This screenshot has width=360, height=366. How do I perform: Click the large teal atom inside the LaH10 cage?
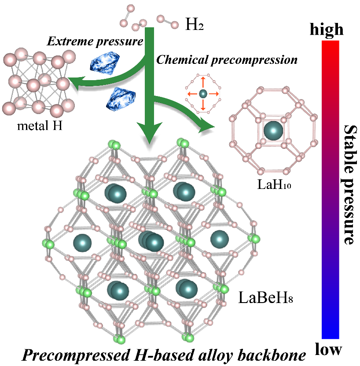coord(275,131)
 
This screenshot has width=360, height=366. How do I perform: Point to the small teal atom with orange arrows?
coord(203,93)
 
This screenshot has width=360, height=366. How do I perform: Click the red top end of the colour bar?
coord(331,44)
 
